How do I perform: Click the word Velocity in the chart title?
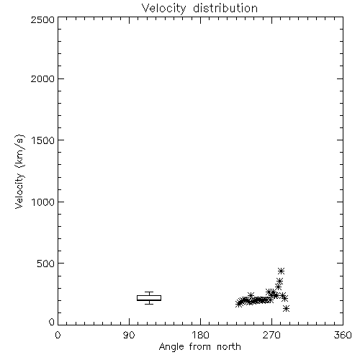point(164,9)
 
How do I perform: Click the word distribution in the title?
point(225,8)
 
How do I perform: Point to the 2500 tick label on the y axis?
point(42,19)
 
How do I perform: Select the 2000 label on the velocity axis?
point(42,78)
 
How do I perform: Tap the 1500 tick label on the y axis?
point(43,140)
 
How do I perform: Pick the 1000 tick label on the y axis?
point(43,202)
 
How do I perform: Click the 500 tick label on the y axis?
point(46,264)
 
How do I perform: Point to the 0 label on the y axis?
point(52,322)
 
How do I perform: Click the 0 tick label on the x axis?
point(58,335)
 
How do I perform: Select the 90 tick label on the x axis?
point(129,335)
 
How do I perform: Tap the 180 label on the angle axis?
point(200,335)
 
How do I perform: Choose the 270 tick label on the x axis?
point(271,335)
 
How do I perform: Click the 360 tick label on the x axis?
point(343,335)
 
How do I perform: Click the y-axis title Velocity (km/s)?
point(19,171)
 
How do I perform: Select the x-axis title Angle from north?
point(200,347)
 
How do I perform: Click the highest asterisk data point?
point(281,271)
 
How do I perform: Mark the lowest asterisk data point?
point(286,308)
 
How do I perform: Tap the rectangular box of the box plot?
point(149,296)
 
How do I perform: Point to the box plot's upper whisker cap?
point(149,292)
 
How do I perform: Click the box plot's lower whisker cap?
point(149,304)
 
